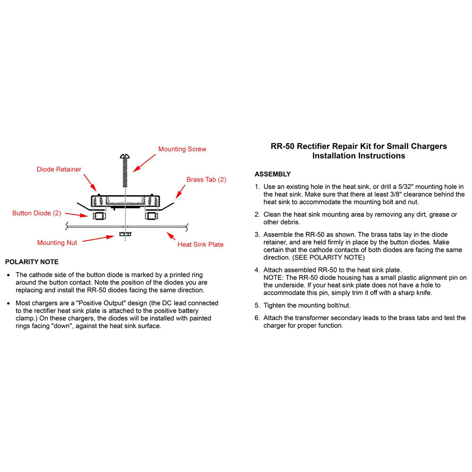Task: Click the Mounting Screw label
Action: pos(182,149)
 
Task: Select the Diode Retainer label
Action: pos(59,169)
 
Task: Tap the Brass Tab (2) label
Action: pos(206,180)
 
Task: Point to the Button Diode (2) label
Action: pos(37,213)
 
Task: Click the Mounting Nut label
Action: pos(57,243)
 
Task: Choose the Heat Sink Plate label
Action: pos(200,244)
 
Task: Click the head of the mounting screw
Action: pos(125,156)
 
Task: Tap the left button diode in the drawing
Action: pos(99,216)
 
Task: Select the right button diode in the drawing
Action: pos(151,216)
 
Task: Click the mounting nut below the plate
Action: pos(125,233)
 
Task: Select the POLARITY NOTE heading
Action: pos(32,262)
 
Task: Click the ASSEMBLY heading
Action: pos(273,174)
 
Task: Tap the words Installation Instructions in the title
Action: pos(359,156)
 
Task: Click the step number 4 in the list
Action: pos(257,270)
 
